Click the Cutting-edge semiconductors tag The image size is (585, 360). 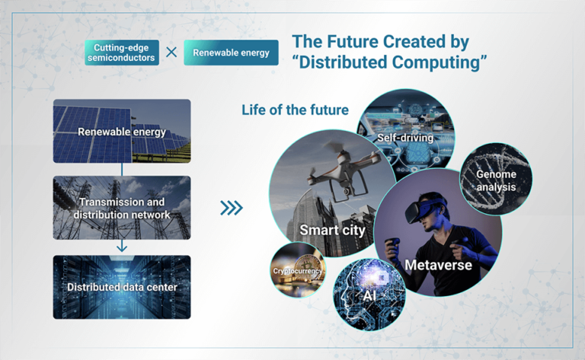(122, 53)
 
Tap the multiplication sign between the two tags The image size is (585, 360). (171, 53)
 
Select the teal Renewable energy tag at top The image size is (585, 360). (231, 53)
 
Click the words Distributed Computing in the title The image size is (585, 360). (389, 62)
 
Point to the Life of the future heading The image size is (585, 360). (295, 110)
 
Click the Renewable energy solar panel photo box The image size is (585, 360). (122, 131)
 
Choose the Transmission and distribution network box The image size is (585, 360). (122, 208)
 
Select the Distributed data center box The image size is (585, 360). (122, 287)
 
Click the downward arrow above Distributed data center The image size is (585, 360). (122, 246)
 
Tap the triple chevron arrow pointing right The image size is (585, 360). (232, 208)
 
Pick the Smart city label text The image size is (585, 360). (332, 230)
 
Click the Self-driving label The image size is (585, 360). (405, 138)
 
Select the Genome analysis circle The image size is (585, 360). (496, 179)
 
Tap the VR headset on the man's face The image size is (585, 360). (424, 209)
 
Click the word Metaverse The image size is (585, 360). (438, 265)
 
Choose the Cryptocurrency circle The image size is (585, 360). (298, 270)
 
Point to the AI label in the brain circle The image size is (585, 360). (369, 296)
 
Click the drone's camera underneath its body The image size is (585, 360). (347, 190)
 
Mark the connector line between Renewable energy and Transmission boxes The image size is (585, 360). (122, 170)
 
